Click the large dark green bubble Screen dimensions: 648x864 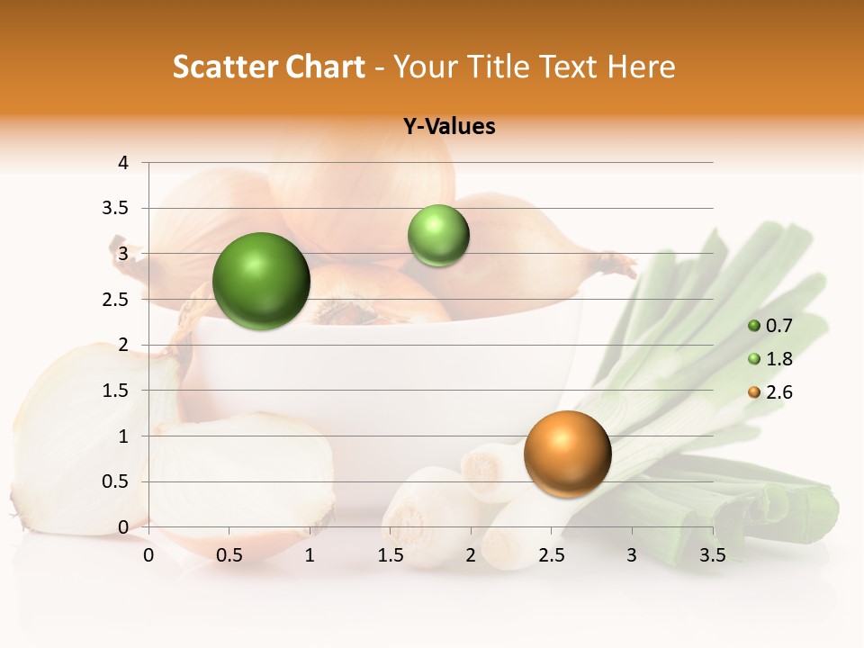point(262,281)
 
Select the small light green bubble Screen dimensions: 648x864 point(438,236)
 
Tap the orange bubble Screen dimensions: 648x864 point(567,454)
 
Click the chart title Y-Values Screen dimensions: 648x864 point(449,127)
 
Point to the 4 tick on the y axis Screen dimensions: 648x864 point(123,163)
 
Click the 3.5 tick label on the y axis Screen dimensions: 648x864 point(117,209)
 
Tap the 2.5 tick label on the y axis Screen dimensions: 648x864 point(117,300)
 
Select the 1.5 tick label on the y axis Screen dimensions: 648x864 point(117,391)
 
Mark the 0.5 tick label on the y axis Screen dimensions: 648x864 point(117,481)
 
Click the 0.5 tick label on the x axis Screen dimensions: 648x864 point(229,555)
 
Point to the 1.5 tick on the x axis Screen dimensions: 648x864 point(391,555)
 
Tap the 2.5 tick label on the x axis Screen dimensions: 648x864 point(552,555)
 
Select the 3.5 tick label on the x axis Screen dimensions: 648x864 point(713,555)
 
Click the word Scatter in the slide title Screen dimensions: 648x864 point(222,67)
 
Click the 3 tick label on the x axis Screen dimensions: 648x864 point(632,555)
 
